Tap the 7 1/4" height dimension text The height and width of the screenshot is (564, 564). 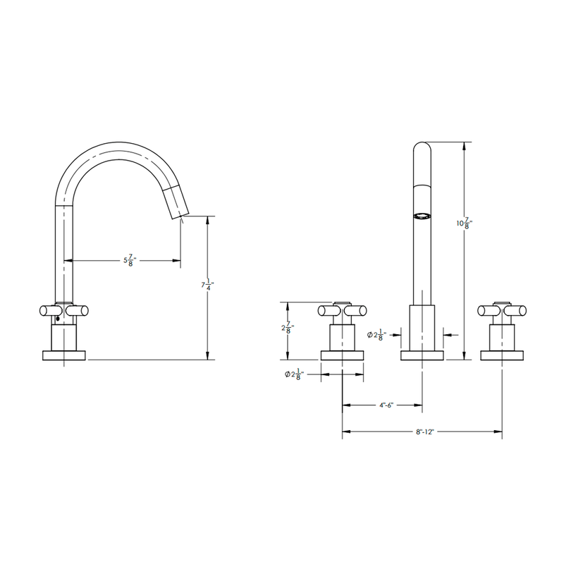point(207,286)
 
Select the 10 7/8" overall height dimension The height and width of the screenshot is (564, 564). point(464,223)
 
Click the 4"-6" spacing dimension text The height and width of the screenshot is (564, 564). point(385,405)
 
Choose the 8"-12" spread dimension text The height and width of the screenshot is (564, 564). point(423,431)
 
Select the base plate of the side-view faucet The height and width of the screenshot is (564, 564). point(65,355)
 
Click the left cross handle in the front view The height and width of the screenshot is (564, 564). point(342,309)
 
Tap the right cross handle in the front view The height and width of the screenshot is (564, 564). point(502,309)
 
